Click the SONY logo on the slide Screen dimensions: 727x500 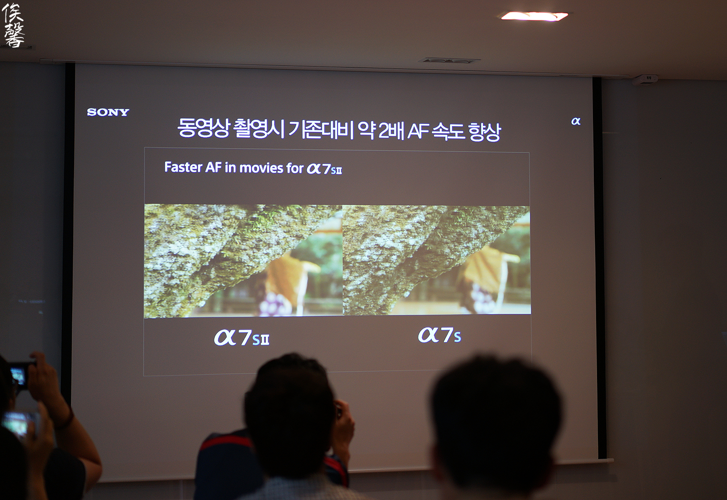point(108,112)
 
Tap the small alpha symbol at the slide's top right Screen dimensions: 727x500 point(576,121)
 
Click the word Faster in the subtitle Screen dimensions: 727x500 point(183,167)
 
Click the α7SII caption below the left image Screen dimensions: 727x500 point(241,338)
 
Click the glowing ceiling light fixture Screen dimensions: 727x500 point(534,16)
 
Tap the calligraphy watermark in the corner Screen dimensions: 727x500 point(13,25)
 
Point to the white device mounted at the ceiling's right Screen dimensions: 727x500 point(645,79)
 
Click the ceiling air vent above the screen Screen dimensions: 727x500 point(449,61)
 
